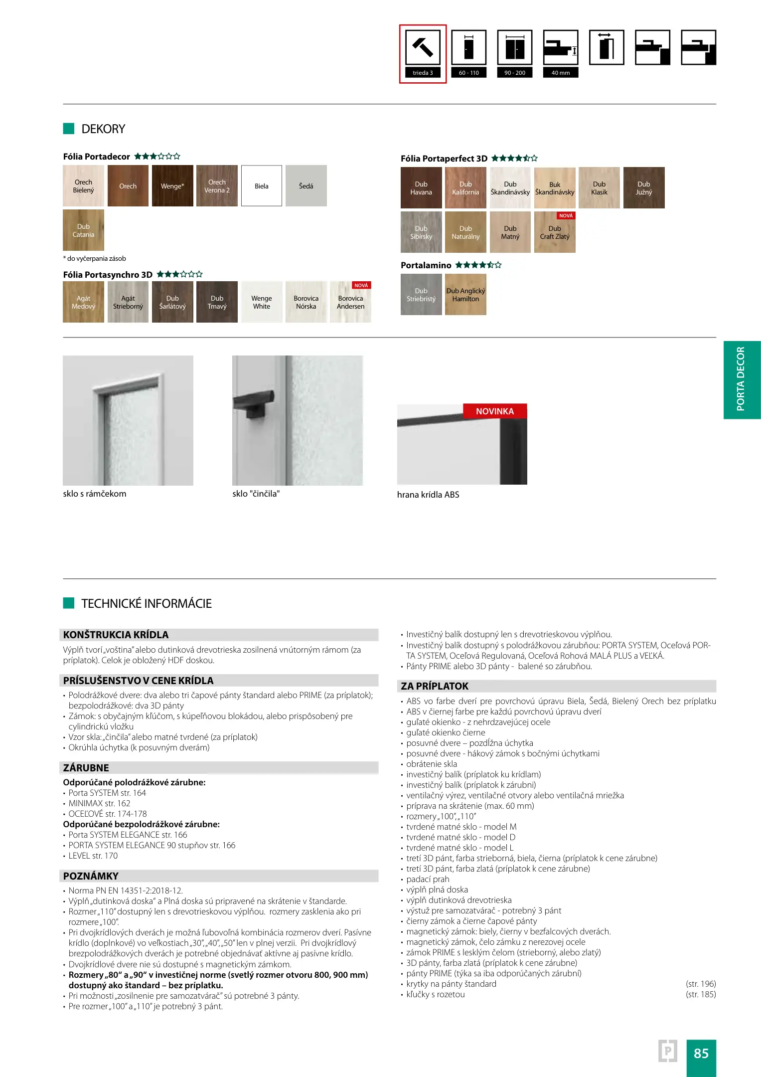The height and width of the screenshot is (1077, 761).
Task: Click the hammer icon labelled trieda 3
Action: click(x=423, y=47)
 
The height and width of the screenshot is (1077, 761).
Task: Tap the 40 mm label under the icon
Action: click(x=561, y=73)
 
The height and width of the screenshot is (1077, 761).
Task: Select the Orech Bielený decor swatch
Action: click(x=83, y=186)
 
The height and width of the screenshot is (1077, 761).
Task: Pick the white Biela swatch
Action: click(x=262, y=186)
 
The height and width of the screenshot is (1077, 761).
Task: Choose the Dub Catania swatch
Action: click(x=83, y=230)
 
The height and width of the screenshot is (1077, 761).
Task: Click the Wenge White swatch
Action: click(x=262, y=302)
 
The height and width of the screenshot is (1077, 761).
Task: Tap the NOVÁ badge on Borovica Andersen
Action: click(x=361, y=286)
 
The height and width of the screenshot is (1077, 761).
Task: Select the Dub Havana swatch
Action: click(x=421, y=188)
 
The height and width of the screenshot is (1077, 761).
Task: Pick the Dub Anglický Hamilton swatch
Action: click(x=465, y=295)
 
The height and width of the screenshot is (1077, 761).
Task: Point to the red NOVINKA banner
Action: click(x=495, y=411)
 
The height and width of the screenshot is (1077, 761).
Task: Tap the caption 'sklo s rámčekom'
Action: click(x=95, y=494)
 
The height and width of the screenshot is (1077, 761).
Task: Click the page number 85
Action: click(x=701, y=1053)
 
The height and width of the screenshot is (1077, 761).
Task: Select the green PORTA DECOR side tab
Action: click(x=742, y=379)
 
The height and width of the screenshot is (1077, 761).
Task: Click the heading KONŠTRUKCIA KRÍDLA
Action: click(x=116, y=635)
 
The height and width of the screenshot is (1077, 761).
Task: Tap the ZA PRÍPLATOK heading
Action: click(x=435, y=686)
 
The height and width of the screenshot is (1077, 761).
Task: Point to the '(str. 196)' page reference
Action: click(x=701, y=984)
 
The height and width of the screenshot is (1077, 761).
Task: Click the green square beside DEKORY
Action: click(x=69, y=129)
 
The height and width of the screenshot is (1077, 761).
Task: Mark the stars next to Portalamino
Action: click(x=478, y=265)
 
